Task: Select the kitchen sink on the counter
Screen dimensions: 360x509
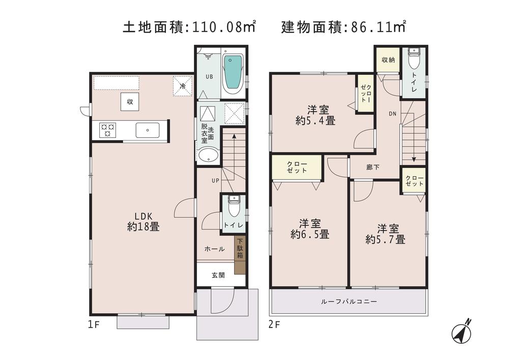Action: pos(148,130)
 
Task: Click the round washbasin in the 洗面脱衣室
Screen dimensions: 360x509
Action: pos(208,155)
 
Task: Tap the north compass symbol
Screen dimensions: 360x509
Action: pos(462,333)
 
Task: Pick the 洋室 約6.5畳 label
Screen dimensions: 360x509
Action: pos(309,229)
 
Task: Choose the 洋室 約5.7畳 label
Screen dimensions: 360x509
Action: pos(385,233)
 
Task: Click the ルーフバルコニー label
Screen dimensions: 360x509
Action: pos(349,301)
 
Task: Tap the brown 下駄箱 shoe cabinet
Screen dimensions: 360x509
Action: pos(240,256)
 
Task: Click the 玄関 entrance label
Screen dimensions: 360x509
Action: pos(218,275)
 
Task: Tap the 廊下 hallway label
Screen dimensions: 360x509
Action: pos(373,167)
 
